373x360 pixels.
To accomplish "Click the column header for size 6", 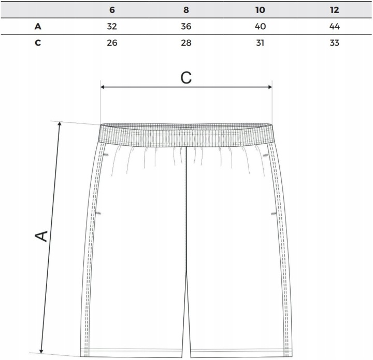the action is [x=112, y=10].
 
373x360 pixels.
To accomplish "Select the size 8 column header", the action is [x=186, y=10].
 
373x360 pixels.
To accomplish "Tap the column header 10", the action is [x=260, y=10].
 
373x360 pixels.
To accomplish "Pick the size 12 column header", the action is [x=334, y=10].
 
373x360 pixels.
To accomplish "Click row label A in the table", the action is [x=38, y=26].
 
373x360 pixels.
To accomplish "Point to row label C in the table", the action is [x=38, y=43].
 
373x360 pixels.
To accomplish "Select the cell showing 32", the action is [x=112, y=26].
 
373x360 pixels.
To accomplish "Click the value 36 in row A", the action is [x=186, y=26].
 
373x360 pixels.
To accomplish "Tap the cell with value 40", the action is [x=260, y=26].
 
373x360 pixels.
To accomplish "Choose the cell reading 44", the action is [x=334, y=26].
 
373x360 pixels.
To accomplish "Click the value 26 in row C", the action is [x=112, y=43].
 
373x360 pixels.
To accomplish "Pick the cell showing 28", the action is [x=186, y=43].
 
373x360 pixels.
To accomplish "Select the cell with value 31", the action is [x=260, y=43].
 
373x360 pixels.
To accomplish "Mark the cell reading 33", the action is [x=334, y=43].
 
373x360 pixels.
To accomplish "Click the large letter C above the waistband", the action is [x=186, y=77].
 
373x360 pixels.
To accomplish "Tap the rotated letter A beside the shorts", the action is [x=41, y=236].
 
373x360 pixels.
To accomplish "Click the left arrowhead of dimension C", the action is [x=103, y=87].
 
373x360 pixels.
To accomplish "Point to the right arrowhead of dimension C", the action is [x=270, y=87].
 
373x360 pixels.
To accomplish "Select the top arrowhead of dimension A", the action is [x=60, y=123].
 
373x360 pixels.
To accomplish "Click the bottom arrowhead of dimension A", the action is [x=41, y=351].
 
